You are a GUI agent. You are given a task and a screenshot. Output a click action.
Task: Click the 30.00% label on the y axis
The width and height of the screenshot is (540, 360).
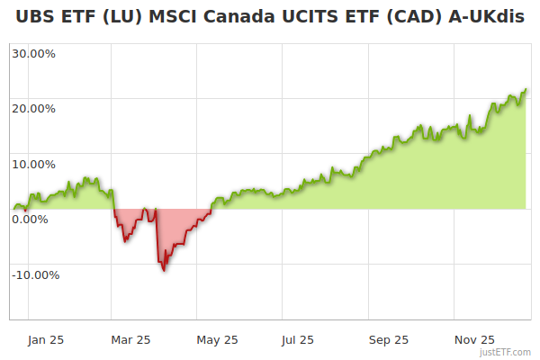click(x=33, y=52)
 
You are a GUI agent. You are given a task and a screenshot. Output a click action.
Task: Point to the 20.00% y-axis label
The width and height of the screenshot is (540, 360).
click(x=33, y=108)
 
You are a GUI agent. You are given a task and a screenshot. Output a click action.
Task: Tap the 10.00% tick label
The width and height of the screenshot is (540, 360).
click(x=33, y=164)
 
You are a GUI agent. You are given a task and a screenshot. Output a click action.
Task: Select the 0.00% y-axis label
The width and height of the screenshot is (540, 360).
click(x=30, y=219)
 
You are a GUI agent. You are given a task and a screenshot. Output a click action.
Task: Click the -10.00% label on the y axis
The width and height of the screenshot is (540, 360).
click(x=35, y=274)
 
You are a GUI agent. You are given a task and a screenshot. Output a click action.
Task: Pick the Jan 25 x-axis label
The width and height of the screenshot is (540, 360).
click(x=45, y=339)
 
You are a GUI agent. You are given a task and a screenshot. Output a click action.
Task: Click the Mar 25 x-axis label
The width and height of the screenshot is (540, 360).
click(x=130, y=339)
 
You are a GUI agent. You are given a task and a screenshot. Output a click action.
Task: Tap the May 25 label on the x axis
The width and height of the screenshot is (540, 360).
click(x=217, y=339)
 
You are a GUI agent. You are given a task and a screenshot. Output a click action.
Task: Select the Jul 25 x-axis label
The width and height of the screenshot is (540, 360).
click(x=298, y=339)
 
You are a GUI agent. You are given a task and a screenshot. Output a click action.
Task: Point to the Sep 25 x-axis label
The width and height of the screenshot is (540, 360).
click(x=389, y=339)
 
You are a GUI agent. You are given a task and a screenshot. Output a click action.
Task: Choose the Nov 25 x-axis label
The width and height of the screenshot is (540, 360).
click(x=474, y=339)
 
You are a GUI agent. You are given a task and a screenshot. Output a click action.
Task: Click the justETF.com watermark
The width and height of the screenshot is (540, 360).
click(x=505, y=353)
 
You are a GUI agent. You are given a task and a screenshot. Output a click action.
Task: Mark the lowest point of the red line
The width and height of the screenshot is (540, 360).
click(x=163, y=270)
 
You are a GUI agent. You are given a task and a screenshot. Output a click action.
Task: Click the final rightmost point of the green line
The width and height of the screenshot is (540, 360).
click(x=526, y=89)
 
